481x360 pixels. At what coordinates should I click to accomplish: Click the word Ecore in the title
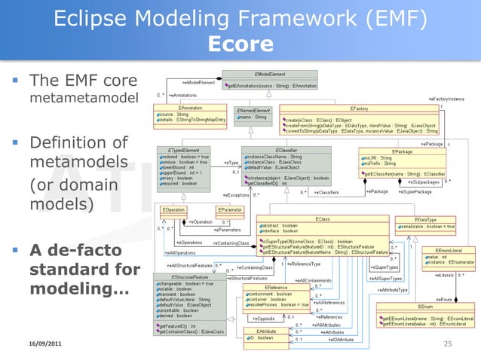pos(240,44)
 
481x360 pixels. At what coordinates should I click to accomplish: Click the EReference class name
pos(275,286)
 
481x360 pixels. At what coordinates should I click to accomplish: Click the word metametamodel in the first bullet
pos(73,99)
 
